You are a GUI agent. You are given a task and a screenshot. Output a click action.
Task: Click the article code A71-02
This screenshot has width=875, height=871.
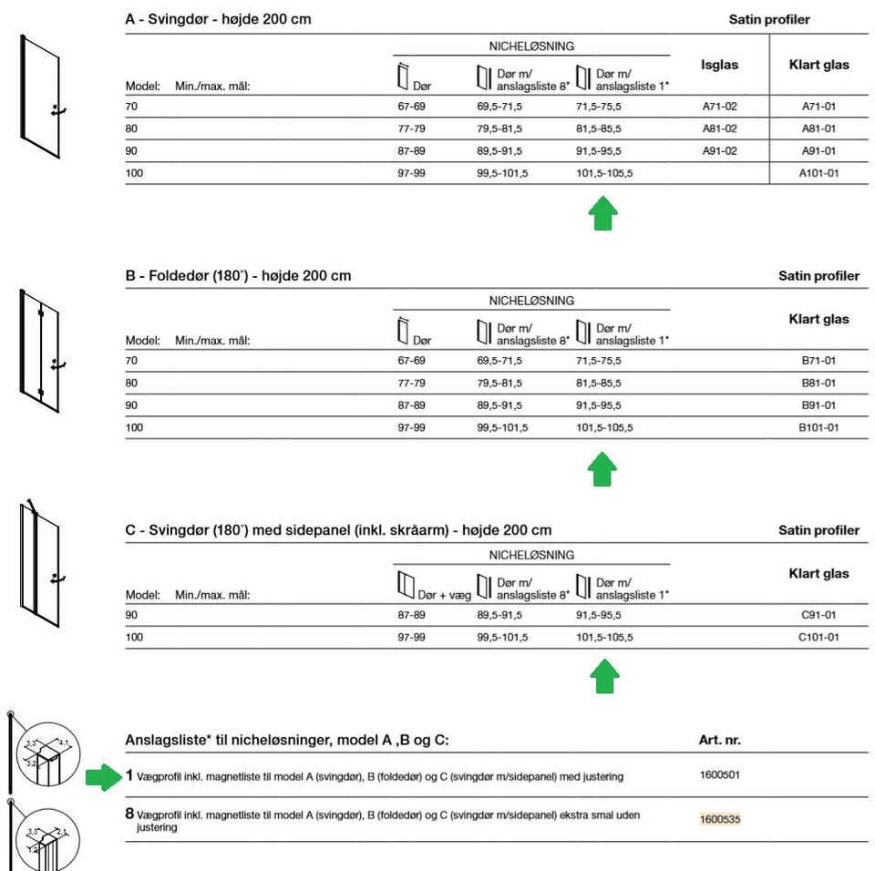(x=719, y=107)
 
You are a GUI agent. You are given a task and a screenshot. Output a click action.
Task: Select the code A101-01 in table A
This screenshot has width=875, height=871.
(x=818, y=173)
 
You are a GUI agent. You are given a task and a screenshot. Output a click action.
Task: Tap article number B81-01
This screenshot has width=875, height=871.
(x=818, y=384)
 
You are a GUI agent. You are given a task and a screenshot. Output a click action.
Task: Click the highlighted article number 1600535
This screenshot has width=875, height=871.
(x=720, y=819)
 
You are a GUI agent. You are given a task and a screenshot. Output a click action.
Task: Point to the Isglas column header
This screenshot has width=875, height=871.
(x=719, y=65)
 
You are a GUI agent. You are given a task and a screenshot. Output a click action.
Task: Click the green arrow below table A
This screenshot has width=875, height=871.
(x=603, y=214)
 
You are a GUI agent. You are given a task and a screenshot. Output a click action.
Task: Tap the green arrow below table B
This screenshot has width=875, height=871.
(x=603, y=469)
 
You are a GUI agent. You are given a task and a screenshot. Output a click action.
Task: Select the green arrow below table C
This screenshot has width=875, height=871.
(x=604, y=677)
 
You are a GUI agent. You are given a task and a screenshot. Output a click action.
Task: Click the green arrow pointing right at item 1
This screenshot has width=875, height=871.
(x=104, y=777)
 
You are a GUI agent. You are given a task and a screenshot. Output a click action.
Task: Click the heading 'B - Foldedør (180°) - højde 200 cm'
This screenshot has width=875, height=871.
(x=238, y=275)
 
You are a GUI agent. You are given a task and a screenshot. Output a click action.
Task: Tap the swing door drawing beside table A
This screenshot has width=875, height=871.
(x=41, y=96)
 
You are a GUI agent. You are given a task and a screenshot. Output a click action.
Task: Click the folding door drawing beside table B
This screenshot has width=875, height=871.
(x=41, y=351)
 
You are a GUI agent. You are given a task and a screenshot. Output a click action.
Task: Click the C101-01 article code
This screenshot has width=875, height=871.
(x=819, y=637)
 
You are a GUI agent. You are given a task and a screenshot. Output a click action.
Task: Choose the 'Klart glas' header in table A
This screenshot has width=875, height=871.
(x=818, y=65)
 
